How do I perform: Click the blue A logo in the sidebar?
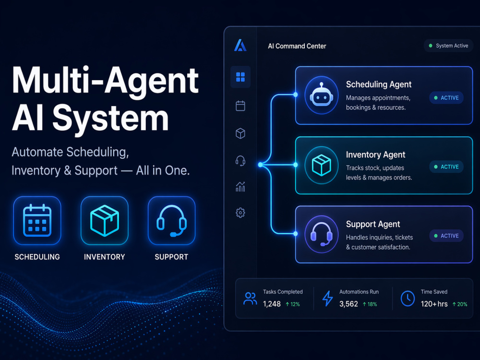tap(240, 45)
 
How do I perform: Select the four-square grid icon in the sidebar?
tap(240, 77)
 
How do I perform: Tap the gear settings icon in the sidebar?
tap(240, 213)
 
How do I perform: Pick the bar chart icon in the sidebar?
tap(240, 186)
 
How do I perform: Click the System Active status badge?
tap(448, 46)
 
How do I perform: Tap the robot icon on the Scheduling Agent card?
tap(322, 95)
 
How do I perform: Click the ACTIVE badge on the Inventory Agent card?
tap(446, 167)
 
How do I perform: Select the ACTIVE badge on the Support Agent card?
tap(446, 236)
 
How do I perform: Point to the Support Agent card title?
tap(373, 224)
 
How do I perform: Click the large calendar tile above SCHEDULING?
tap(37, 220)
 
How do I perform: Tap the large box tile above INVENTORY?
tap(104, 220)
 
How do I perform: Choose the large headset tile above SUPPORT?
tap(171, 220)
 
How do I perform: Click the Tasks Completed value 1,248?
tap(272, 304)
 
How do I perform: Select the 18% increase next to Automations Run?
tap(370, 304)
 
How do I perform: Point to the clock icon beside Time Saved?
tap(408, 299)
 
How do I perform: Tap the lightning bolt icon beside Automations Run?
tap(327, 299)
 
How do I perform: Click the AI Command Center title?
tap(297, 46)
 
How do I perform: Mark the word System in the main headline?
tap(110, 118)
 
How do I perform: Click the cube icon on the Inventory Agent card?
tap(322, 165)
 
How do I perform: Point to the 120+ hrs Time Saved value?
tap(434, 304)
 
